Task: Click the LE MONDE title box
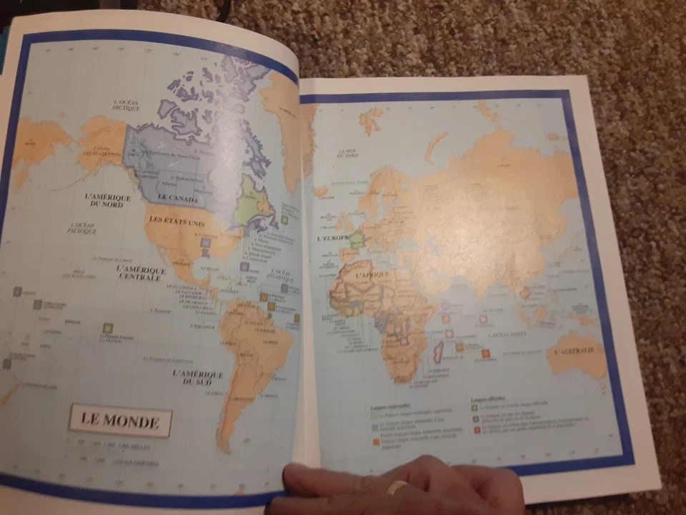(x=120, y=421)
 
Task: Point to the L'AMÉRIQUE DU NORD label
(x=107, y=201)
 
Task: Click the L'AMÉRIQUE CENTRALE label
(x=141, y=273)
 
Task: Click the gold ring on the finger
(x=397, y=487)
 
